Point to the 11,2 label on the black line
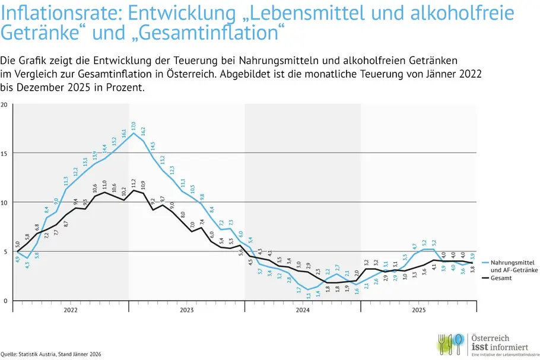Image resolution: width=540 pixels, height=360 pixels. coord(134,183)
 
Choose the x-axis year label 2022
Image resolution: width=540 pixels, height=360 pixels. coord(71,310)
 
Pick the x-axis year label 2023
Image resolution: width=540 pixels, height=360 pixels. coord(186,310)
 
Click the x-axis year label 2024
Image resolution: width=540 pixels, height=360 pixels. coord(303,310)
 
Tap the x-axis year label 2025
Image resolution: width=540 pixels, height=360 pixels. coord(418,310)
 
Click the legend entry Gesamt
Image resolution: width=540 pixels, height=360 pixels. coord(501,277)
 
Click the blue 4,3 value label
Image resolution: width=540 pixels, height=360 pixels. coord(27,265)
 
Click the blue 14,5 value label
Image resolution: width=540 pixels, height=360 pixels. coord(153,146)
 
